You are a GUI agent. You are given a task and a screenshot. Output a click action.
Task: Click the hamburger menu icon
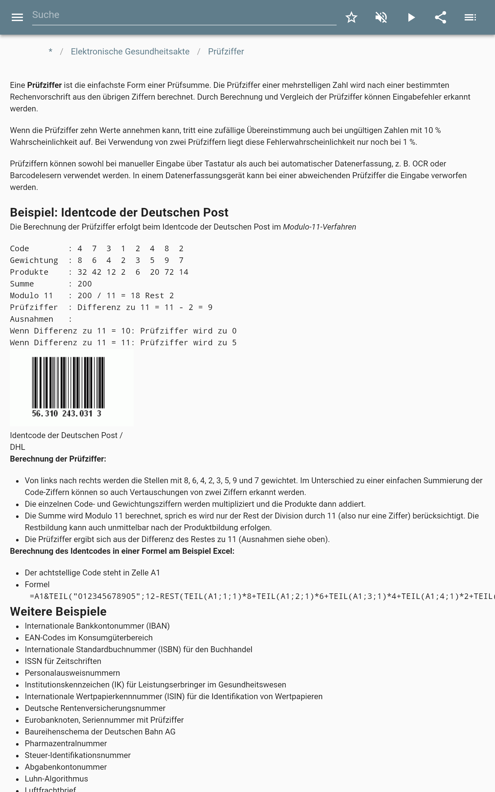coord(17,17)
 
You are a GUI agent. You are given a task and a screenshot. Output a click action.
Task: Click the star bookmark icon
coord(351,17)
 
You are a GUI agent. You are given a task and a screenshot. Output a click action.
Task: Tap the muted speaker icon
coord(381,17)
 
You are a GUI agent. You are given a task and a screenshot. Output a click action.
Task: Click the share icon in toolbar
coord(440,17)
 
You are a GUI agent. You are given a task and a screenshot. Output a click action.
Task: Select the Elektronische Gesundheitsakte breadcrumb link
coord(130,52)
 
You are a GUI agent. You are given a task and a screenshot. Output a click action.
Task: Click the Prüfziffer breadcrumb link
coord(226,52)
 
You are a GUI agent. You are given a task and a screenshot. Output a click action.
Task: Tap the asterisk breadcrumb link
coord(50,52)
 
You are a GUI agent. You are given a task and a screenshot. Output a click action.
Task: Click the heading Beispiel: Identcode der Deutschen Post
coord(119,213)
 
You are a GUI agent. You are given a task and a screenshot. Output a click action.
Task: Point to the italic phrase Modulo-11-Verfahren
coord(319,227)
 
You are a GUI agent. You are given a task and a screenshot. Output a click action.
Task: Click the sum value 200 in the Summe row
coord(84,284)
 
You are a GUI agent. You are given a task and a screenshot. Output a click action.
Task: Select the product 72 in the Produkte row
coord(169,272)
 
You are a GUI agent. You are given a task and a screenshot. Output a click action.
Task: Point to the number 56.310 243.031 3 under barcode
coord(67,414)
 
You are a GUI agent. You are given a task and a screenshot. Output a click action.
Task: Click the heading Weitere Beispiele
coord(58,611)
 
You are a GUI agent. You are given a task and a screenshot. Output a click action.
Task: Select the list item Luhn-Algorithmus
coord(56,779)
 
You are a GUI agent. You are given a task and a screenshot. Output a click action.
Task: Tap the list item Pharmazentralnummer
coord(66,743)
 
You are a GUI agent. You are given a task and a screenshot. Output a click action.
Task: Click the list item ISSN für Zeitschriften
coord(63,661)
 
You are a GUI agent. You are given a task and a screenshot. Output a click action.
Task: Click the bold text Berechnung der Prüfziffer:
coord(58,459)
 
